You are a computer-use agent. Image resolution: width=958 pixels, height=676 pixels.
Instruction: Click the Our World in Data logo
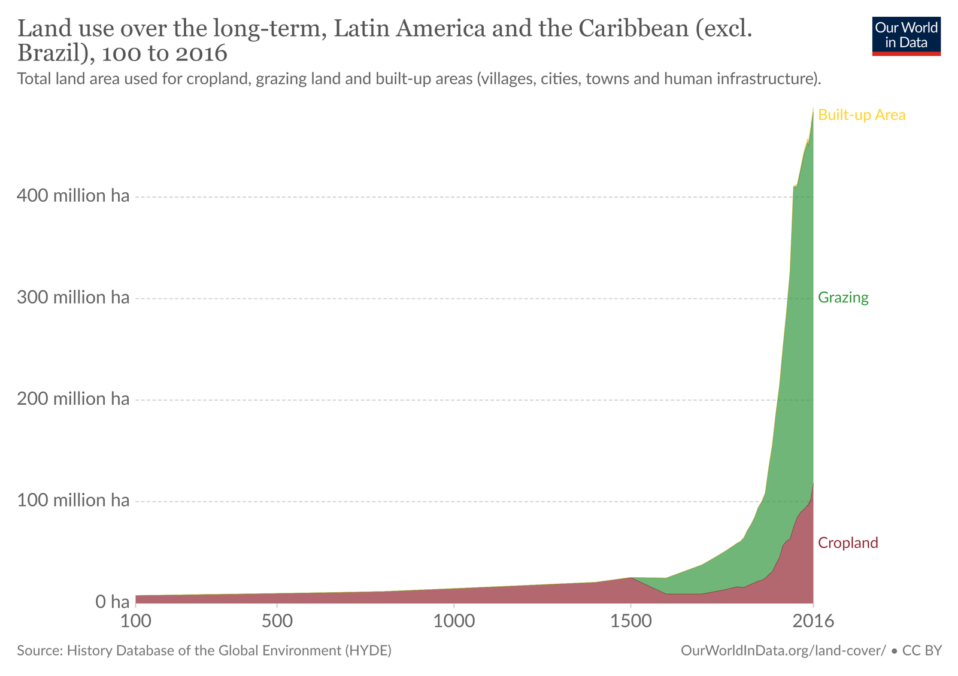pyautogui.click(x=906, y=36)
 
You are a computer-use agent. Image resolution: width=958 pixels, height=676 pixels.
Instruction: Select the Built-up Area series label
pyautogui.click(x=862, y=115)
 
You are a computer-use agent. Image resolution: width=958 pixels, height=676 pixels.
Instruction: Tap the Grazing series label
pyautogui.click(x=843, y=298)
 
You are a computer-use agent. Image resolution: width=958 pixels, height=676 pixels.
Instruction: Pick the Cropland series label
pyautogui.click(x=848, y=543)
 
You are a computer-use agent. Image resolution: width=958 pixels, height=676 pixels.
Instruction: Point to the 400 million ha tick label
pyautogui.click(x=73, y=196)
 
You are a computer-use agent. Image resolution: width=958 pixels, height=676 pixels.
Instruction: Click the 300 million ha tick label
pyautogui.click(x=73, y=298)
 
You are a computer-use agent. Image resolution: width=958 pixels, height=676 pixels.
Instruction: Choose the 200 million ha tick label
pyautogui.click(x=73, y=399)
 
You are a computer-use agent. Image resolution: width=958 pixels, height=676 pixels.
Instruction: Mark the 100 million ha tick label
pyautogui.click(x=73, y=500)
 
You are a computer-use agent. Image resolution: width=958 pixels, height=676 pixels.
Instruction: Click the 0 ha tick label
pyautogui.click(x=113, y=602)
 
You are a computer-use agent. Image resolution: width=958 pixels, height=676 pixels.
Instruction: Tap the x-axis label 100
pyautogui.click(x=136, y=621)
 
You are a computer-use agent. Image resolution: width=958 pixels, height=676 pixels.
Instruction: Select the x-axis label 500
pyautogui.click(x=277, y=621)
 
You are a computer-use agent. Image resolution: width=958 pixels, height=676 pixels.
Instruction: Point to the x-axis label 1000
pyautogui.click(x=454, y=621)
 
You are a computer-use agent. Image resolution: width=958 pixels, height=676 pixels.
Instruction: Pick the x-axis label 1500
pyautogui.click(x=630, y=621)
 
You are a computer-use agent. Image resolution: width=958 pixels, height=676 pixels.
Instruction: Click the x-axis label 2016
pyautogui.click(x=813, y=621)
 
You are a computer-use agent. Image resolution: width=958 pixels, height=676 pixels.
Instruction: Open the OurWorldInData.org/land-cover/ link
pyautogui.click(x=783, y=651)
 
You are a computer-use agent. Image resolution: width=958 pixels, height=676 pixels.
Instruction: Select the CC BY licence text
pyautogui.click(x=922, y=651)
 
